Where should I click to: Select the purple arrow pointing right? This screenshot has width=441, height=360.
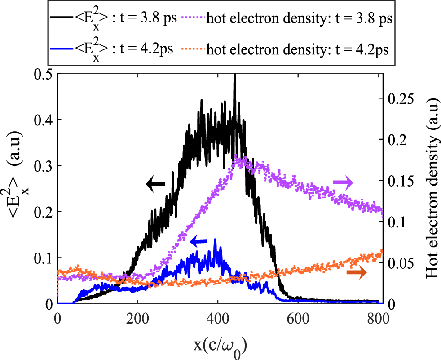[343, 182]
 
